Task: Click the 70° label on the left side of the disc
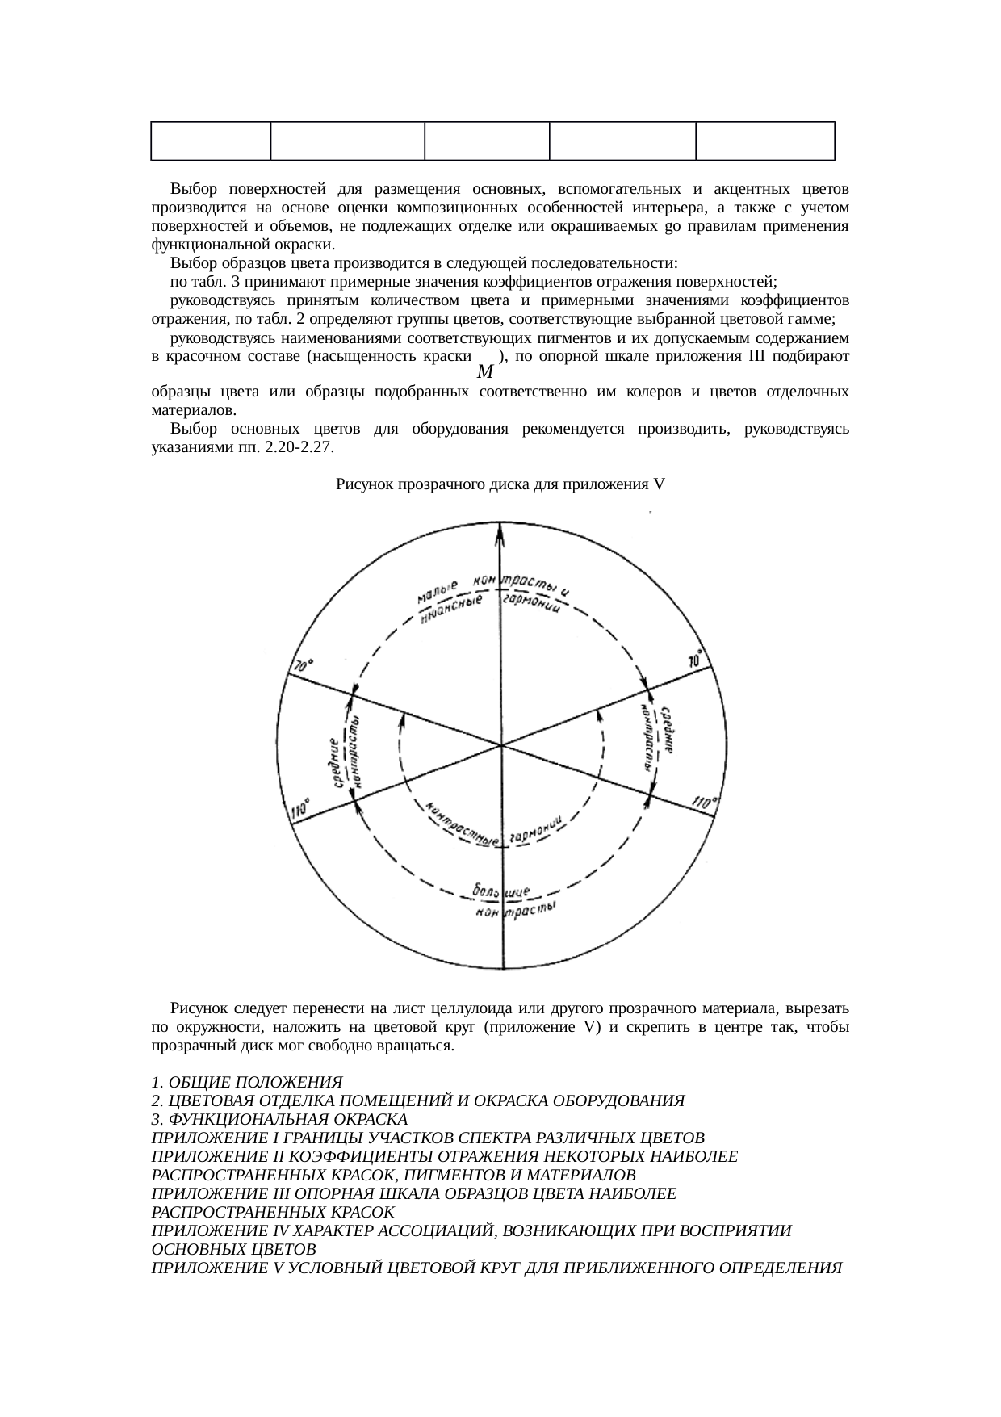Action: [x=303, y=666]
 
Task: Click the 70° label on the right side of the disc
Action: [x=695, y=659]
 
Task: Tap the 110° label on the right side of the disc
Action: [x=704, y=803]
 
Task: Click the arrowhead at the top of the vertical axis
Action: [x=501, y=530]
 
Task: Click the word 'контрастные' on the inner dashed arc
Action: [x=462, y=826]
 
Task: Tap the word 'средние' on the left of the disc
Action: [x=337, y=762]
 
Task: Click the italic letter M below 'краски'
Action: [x=485, y=372]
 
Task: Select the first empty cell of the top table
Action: [x=211, y=141]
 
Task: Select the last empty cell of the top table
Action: [x=764, y=141]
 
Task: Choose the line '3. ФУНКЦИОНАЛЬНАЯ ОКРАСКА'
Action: [x=279, y=1119]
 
